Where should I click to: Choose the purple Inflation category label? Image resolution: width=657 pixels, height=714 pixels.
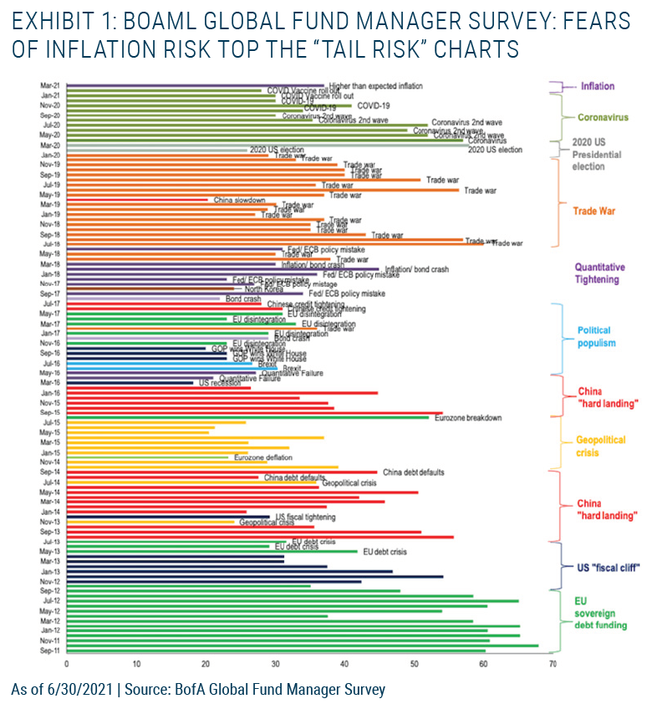point(598,86)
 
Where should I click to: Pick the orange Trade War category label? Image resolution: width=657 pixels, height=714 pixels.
point(593,212)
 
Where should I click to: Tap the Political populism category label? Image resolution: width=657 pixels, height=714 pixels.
point(594,336)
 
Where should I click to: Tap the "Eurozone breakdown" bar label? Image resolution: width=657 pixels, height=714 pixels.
point(468,417)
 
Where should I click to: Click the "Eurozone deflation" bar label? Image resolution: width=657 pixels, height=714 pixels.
point(264,457)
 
